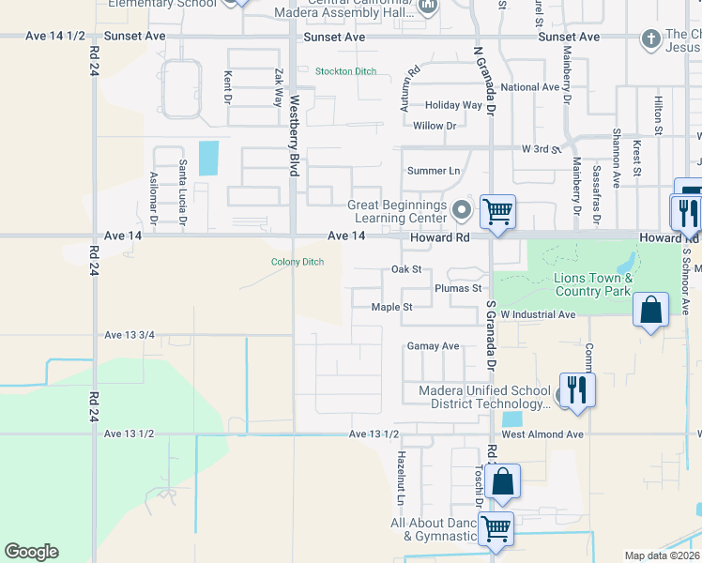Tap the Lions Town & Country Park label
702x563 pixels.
pos(593,284)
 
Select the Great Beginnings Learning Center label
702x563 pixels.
pos(397,212)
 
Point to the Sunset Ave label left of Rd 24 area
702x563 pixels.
pos(135,36)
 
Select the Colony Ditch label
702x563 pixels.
pos(298,262)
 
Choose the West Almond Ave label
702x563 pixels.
pos(542,434)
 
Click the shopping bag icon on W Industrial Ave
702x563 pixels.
pos(650,311)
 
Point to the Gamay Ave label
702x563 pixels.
pos(433,346)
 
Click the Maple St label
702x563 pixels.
pos(391,307)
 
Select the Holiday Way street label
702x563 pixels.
pos(453,105)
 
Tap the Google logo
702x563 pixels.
pos(31,552)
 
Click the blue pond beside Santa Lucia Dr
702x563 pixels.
pos(208,158)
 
